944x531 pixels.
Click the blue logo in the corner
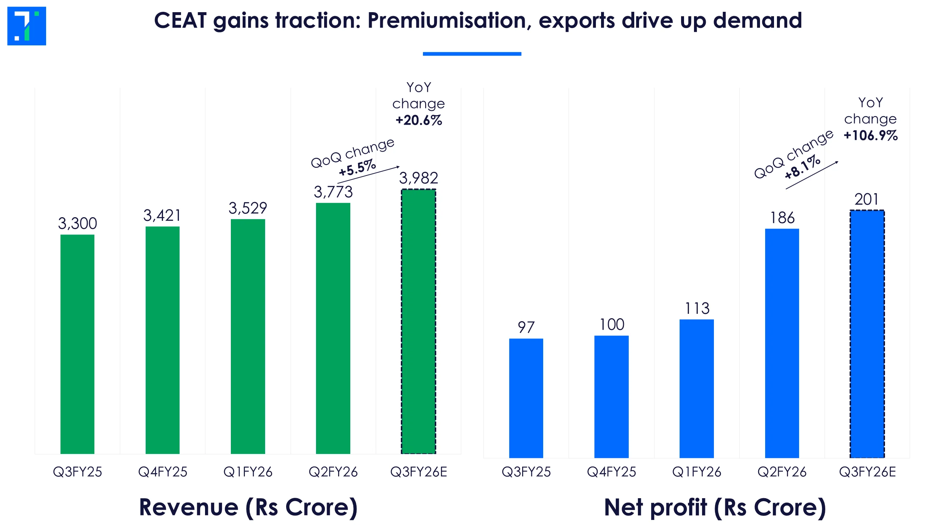[x=27, y=26]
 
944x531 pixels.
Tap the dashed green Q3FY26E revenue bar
[x=419, y=321]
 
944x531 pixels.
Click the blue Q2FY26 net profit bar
[x=782, y=343]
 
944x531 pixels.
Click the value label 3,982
[x=419, y=178]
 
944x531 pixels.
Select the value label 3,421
[x=162, y=216]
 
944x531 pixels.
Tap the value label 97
[x=526, y=327]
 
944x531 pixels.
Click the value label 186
[x=782, y=218]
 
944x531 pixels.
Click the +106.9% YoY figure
[x=871, y=136]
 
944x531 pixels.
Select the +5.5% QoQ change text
[x=357, y=168]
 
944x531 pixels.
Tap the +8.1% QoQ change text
[x=802, y=167]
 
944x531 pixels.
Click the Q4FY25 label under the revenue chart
[x=163, y=472]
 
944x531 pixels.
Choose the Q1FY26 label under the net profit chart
[x=697, y=472]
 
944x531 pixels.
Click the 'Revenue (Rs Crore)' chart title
[x=248, y=507]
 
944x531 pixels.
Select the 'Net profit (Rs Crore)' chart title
[x=715, y=507]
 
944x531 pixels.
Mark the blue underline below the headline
[x=472, y=54]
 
